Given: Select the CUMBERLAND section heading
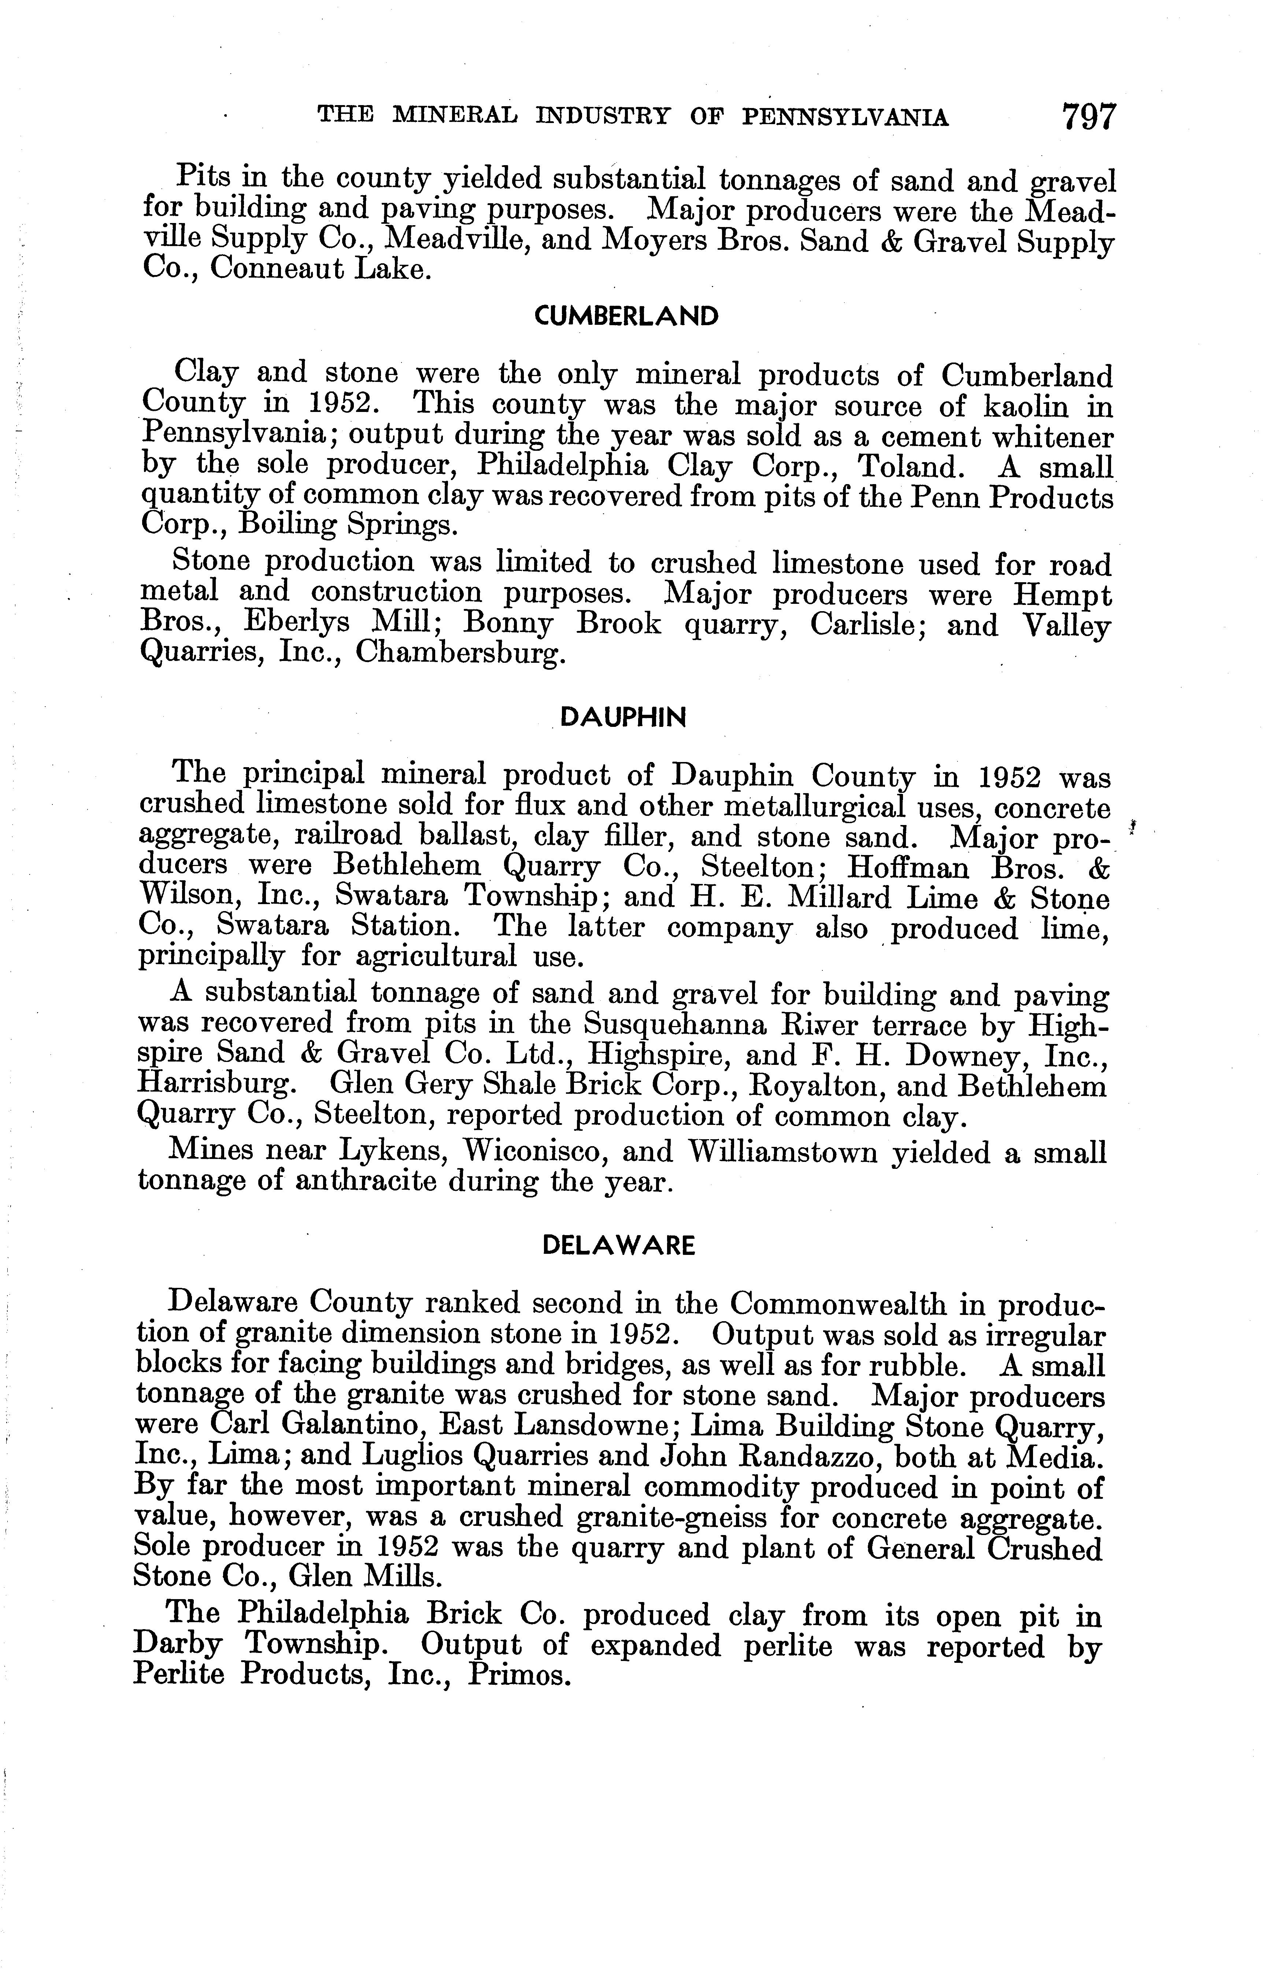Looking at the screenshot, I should tap(626, 316).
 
